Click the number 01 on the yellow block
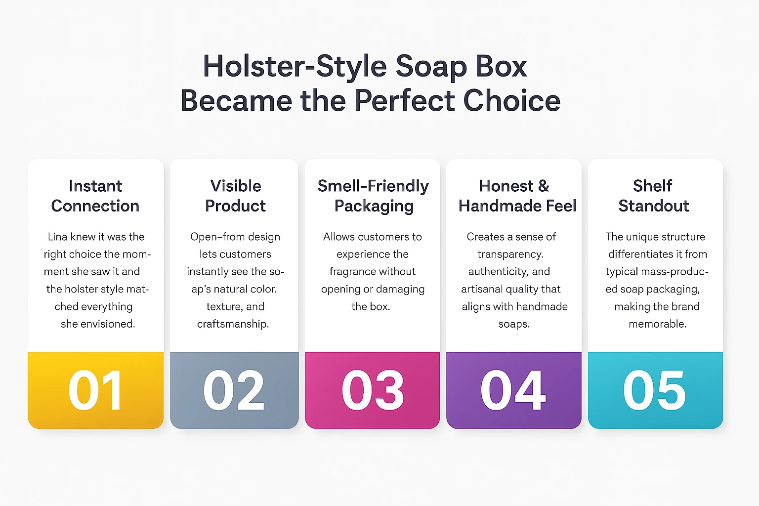pyautogui.click(x=95, y=390)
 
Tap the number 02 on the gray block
pyautogui.click(x=234, y=390)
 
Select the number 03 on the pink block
pyautogui.click(x=373, y=390)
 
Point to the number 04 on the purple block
pyautogui.click(x=513, y=390)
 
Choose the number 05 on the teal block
pyautogui.click(x=655, y=390)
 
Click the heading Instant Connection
pyautogui.click(x=95, y=196)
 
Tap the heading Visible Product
pyautogui.click(x=235, y=196)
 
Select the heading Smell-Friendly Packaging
pyautogui.click(x=373, y=196)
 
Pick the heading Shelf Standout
pyautogui.click(x=653, y=196)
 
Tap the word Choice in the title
pyautogui.click(x=512, y=101)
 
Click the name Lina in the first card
pyautogui.click(x=57, y=237)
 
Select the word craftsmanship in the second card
pyautogui.click(x=233, y=324)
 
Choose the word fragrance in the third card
pyautogui.click(x=351, y=272)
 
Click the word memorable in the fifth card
pyautogui.click(x=658, y=324)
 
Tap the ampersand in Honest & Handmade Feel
pyautogui.click(x=544, y=186)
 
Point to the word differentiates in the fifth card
pyautogui.click(x=637, y=254)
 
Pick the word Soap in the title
pyautogui.click(x=431, y=67)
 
